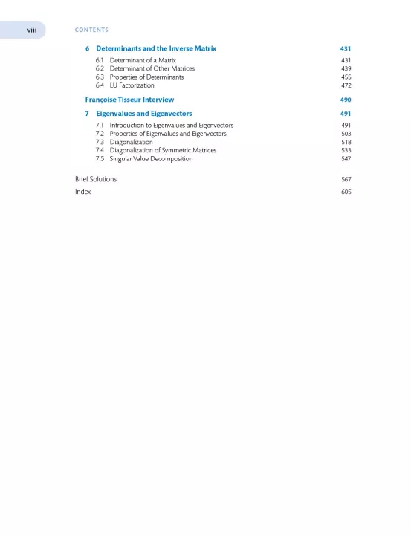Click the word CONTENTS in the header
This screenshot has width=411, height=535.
[91, 30]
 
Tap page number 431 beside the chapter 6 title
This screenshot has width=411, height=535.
[345, 48]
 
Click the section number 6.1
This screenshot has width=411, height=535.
[100, 59]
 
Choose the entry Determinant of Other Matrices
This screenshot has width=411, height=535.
[152, 68]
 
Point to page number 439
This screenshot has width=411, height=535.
[346, 68]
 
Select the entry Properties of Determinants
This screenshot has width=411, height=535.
[146, 77]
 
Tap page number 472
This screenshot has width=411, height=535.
[346, 85]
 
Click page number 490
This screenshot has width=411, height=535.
[345, 100]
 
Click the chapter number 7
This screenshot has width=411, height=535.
[87, 114]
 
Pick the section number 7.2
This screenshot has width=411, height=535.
[100, 134]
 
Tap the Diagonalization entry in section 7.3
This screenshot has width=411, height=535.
[131, 142]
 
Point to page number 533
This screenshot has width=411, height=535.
[346, 150]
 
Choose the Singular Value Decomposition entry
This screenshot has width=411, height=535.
[151, 159]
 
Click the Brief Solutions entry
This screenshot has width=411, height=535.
[96, 179]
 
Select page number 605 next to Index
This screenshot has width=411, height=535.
[346, 192]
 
